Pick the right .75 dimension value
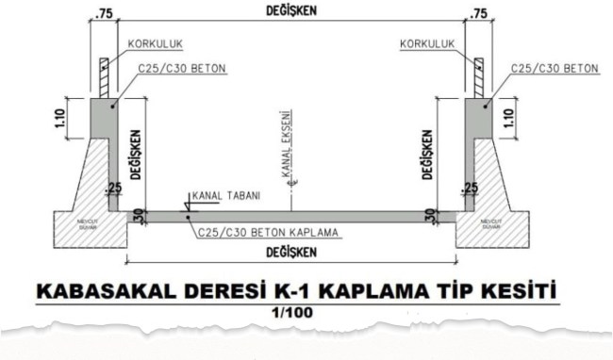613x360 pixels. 479,13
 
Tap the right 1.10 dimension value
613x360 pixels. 513,116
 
